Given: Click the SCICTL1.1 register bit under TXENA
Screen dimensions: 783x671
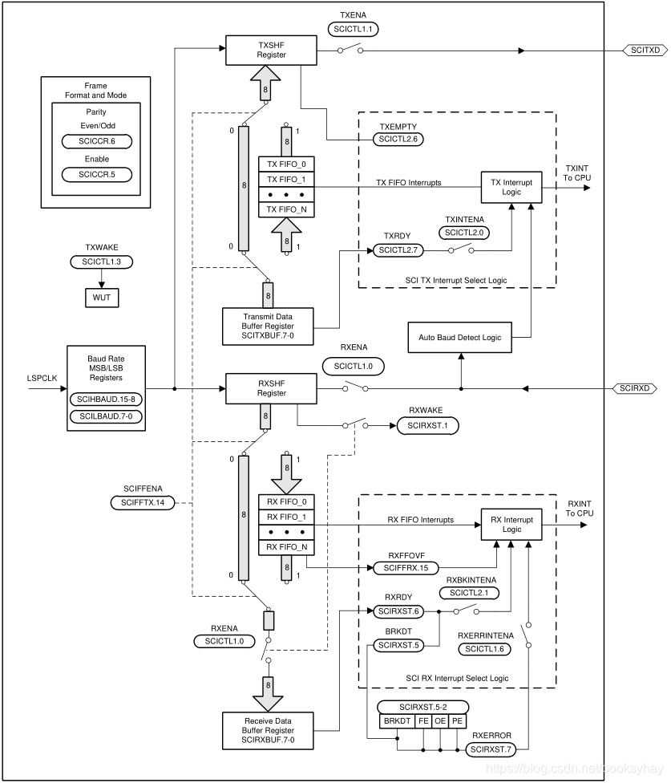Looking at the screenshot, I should click(353, 28).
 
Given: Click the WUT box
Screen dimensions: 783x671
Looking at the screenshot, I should click(101, 298).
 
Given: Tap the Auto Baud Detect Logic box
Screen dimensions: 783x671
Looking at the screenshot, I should click(459, 338).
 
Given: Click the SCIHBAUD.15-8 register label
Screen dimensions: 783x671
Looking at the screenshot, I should click(107, 399).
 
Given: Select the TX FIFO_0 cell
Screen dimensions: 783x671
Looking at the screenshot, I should click(286, 164).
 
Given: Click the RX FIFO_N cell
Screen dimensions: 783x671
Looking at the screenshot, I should click(286, 547).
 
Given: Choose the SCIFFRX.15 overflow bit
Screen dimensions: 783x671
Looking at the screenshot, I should click(406, 568).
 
